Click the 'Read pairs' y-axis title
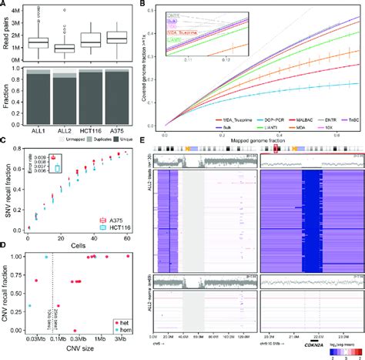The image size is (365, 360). (x=7, y=35)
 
